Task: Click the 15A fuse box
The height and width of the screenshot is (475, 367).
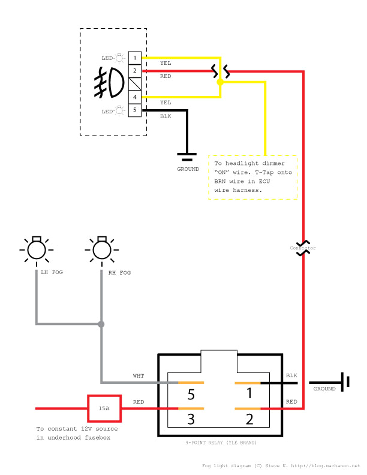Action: (x=104, y=408)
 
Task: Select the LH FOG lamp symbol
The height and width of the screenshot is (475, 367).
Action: (x=37, y=249)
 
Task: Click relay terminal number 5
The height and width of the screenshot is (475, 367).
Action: (x=191, y=395)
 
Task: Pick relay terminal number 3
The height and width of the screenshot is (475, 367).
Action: (x=191, y=419)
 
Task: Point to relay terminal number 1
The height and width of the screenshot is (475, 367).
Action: (x=248, y=394)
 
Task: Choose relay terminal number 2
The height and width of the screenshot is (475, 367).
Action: (x=248, y=419)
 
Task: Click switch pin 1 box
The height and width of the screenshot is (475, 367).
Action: (x=135, y=58)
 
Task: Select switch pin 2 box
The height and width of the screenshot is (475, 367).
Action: (x=135, y=71)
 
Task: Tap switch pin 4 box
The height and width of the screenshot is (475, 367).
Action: (x=135, y=97)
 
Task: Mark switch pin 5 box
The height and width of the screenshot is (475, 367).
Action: (x=135, y=110)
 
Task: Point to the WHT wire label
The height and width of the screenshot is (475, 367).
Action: (x=139, y=376)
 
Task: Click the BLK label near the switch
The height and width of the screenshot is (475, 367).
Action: (x=166, y=116)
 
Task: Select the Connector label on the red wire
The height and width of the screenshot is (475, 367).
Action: (x=303, y=248)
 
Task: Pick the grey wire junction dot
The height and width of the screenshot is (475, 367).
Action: (x=101, y=324)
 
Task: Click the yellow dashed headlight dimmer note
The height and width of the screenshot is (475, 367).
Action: (x=253, y=177)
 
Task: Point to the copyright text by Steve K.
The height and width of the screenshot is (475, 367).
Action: (x=281, y=465)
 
